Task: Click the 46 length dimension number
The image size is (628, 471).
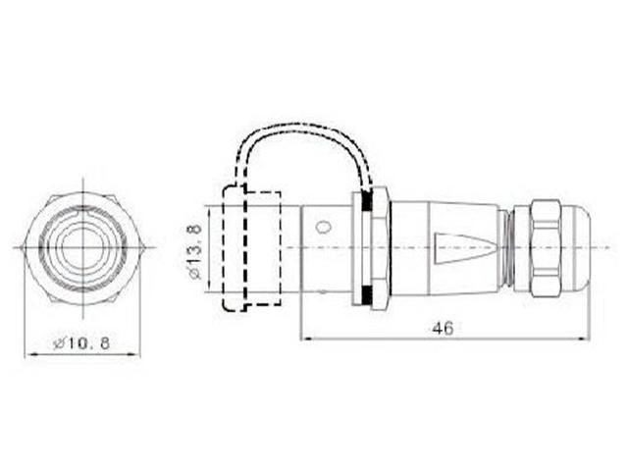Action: [x=443, y=328]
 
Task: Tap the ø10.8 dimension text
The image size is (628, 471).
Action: [x=83, y=343]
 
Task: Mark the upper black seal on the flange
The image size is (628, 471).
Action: [x=368, y=202]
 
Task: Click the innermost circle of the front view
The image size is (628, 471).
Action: [x=83, y=246]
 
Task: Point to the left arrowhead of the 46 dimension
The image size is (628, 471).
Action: [x=304, y=340]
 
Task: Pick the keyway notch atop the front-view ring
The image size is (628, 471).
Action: [x=84, y=209]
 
